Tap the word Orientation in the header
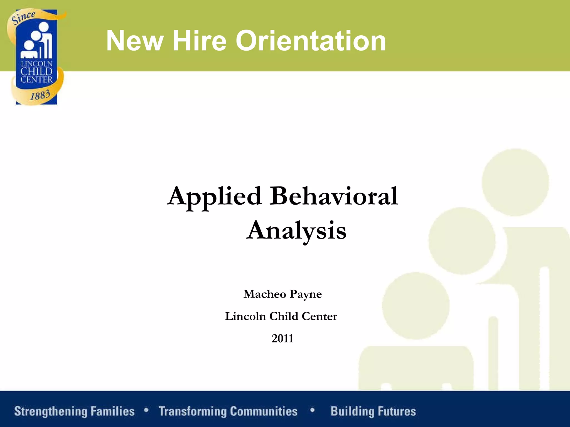311,41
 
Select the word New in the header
135,41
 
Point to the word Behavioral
334,196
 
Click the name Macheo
265,294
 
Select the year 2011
282,339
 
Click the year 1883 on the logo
40,95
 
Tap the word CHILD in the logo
36,71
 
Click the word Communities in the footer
264,411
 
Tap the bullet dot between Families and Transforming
146,410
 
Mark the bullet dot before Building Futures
312,410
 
